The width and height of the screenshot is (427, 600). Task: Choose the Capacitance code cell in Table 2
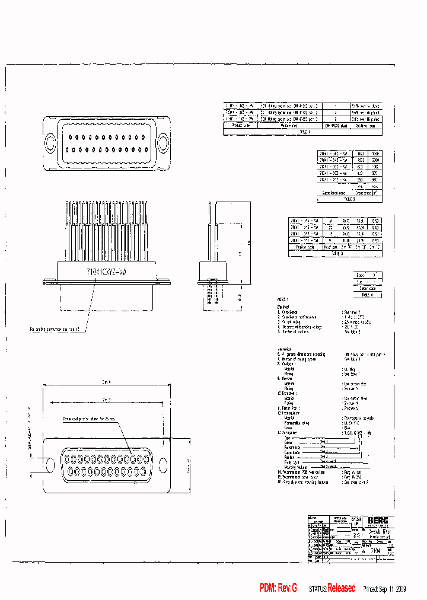(x=334, y=193)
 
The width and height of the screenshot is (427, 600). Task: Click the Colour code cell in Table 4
(x=367, y=288)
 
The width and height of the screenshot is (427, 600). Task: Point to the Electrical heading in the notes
(x=283, y=306)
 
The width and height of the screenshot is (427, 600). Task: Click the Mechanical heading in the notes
(x=284, y=349)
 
